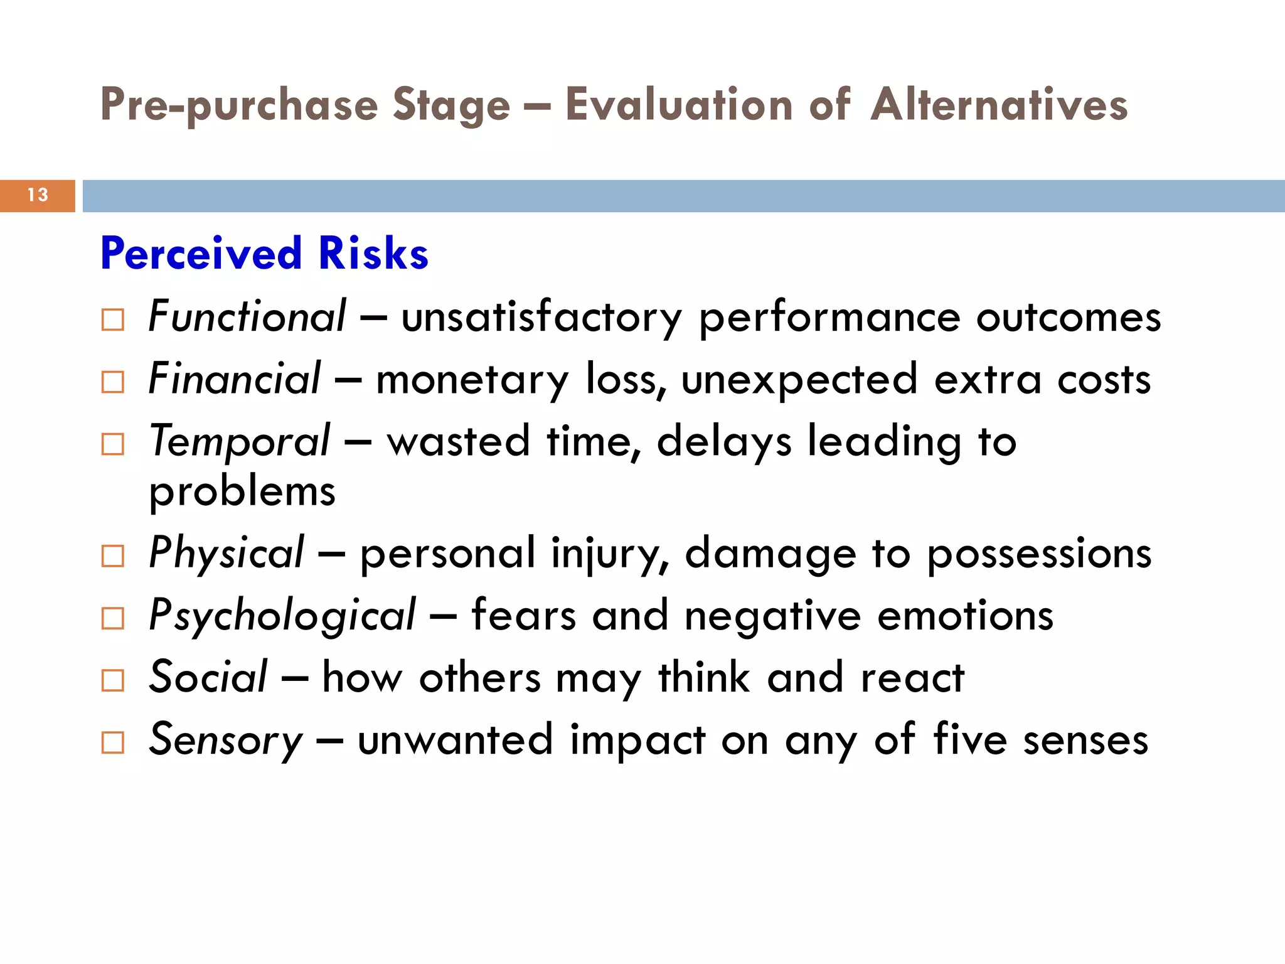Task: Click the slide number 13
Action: tap(38, 195)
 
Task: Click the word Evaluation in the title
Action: tap(679, 104)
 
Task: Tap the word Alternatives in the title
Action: tap(1000, 104)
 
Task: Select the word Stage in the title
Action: tap(451, 105)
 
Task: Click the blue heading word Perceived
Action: tap(201, 254)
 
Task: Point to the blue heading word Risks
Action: tap(373, 254)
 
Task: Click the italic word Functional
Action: tap(247, 316)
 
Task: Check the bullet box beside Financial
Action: tap(113, 382)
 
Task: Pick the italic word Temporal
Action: tap(239, 441)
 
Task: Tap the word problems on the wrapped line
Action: tap(242, 492)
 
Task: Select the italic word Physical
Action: tap(227, 554)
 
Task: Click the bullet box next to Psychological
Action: tap(113, 618)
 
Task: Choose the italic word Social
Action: tap(208, 677)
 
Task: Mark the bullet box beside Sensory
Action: tap(113, 742)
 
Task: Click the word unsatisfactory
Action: tap(541, 317)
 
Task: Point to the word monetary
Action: tap(472, 380)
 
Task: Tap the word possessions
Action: tap(1039, 555)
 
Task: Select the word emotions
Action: tap(965, 616)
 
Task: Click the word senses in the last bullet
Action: tap(1085, 741)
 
